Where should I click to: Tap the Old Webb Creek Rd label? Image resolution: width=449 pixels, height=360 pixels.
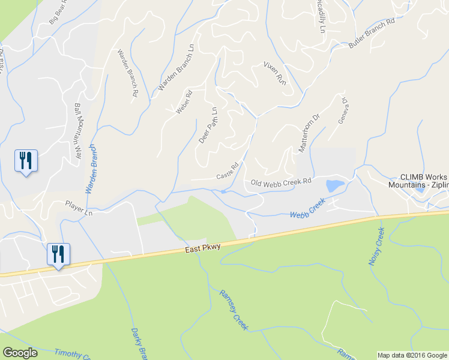tap(281, 182)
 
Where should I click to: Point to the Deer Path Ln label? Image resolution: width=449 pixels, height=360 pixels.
tap(207, 124)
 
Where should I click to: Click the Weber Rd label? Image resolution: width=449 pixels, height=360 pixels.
tap(183, 102)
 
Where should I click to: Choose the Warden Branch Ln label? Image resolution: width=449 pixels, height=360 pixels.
tap(176, 67)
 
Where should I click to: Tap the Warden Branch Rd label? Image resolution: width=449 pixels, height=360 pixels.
tap(128, 73)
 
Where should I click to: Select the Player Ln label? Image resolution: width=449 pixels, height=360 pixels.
tap(79, 208)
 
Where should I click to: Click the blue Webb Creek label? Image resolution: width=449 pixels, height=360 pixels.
tap(303, 211)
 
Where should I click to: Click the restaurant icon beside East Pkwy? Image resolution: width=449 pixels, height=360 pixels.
tap(59, 253)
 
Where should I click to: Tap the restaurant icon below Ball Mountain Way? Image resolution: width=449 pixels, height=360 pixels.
tap(26, 160)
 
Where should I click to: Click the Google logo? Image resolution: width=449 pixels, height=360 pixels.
tap(20, 353)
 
